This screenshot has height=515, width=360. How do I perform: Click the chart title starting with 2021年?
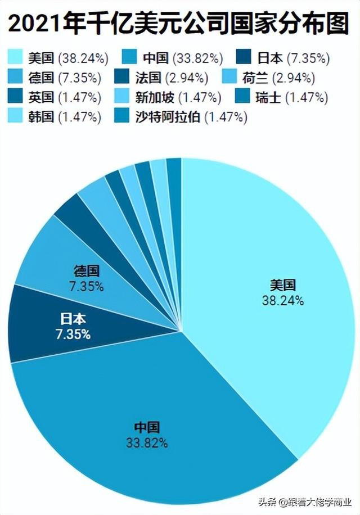pyautogui.click(x=180, y=24)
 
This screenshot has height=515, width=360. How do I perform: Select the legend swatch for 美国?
pyautogui.click(x=16, y=57)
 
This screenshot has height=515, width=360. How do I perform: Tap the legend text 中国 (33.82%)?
pyautogui.click(x=183, y=57)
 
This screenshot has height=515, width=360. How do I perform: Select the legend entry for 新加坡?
pyautogui.click(x=178, y=97)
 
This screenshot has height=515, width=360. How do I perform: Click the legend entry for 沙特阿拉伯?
pyautogui.click(x=191, y=118)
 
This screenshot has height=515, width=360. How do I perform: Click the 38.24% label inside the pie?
pyautogui.click(x=282, y=301)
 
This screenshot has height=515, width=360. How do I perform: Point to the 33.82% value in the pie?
pyautogui.click(x=147, y=443)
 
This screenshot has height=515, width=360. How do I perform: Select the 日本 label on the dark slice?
pyautogui.click(x=73, y=319)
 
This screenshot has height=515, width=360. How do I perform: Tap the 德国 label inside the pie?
pyautogui.click(x=87, y=272)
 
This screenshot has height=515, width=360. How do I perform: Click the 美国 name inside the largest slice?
pyautogui.click(x=282, y=285)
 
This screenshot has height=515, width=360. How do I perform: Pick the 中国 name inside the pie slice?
pyautogui.click(x=147, y=427)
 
